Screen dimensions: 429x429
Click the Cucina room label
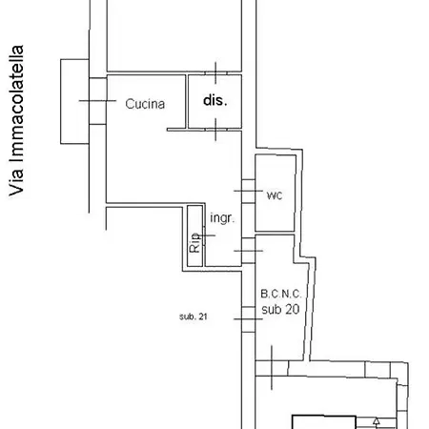tap(145, 104)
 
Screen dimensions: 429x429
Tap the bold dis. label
tap(215, 100)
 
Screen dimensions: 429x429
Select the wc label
tap(275, 195)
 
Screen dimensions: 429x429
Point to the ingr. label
tap(222, 218)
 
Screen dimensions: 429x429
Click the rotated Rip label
tap(194, 242)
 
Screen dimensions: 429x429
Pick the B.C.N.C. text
tap(281, 294)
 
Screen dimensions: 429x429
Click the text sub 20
tap(280, 309)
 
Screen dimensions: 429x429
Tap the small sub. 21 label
tap(194, 317)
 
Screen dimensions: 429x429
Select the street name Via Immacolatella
tap(16, 121)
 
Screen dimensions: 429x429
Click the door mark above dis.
tap(215, 73)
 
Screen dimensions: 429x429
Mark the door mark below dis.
tap(215, 130)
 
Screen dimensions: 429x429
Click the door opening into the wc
tap(248, 191)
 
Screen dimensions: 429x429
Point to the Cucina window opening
tap(98, 101)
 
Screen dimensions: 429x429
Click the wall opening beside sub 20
tap(248, 319)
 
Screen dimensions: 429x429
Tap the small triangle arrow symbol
tap(377, 421)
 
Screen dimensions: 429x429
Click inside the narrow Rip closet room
tap(194, 236)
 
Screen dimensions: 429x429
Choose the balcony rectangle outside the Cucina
tap(74, 101)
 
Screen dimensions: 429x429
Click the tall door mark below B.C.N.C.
tap(272, 368)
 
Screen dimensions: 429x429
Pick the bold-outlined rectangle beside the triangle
tap(324, 422)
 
